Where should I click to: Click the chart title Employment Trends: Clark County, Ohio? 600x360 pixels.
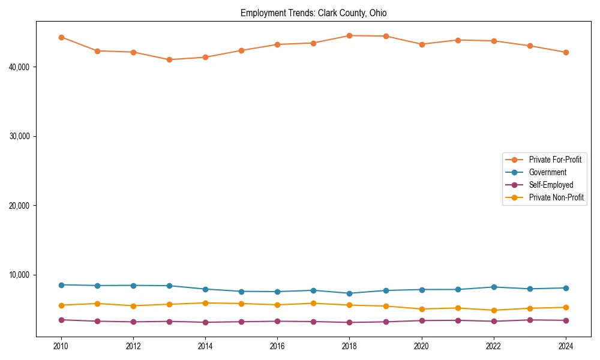pyautogui.click(x=317, y=13)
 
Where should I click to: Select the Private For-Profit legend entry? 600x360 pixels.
pyautogui.click(x=555, y=160)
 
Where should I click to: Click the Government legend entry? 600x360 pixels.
pyautogui.click(x=547, y=172)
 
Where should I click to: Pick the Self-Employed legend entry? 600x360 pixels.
pyautogui.click(x=551, y=185)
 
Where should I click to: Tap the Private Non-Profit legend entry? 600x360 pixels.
pyautogui.click(x=556, y=197)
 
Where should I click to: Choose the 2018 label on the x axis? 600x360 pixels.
pyautogui.click(x=349, y=346)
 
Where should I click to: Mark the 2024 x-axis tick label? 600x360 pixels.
pyautogui.click(x=566, y=346)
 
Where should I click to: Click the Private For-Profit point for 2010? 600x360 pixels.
pyautogui.click(x=61, y=37)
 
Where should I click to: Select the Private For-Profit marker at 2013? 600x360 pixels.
pyautogui.click(x=169, y=59)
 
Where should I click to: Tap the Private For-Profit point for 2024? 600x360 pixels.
pyautogui.click(x=566, y=52)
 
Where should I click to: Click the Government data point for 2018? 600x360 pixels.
pyautogui.click(x=349, y=293)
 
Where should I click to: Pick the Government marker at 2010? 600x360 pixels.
pyautogui.click(x=61, y=285)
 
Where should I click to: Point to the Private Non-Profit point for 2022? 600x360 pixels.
pyautogui.click(x=494, y=310)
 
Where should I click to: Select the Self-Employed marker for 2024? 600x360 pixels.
pyautogui.click(x=566, y=320)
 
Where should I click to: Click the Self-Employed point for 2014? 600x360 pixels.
pyautogui.click(x=205, y=322)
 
